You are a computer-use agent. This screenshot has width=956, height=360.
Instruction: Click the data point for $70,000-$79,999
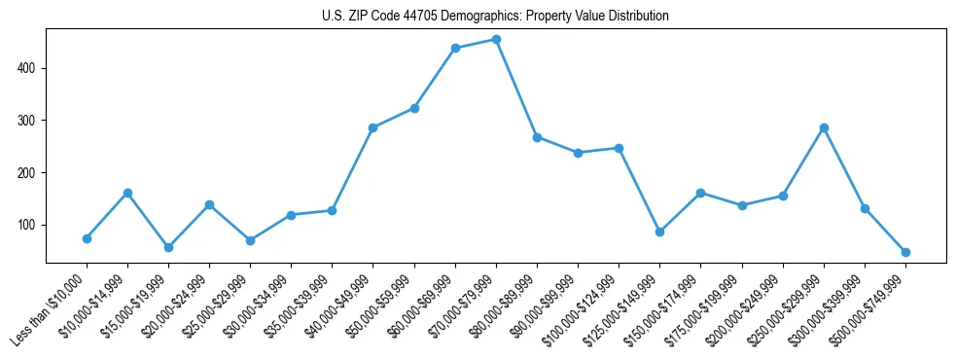point(496,40)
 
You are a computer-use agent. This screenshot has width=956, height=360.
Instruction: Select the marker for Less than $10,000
point(87,238)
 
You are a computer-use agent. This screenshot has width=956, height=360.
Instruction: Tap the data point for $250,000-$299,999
point(824,127)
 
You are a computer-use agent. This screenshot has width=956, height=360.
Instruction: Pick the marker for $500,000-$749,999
point(905,252)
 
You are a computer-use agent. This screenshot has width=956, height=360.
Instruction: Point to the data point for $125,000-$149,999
point(659,232)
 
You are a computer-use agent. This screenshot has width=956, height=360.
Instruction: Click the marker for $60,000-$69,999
point(455,48)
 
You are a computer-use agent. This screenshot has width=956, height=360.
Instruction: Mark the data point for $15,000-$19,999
point(168,247)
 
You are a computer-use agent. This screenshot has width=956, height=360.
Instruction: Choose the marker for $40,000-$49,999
point(372,127)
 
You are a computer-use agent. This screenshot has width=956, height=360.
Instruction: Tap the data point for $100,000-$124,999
point(619,148)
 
